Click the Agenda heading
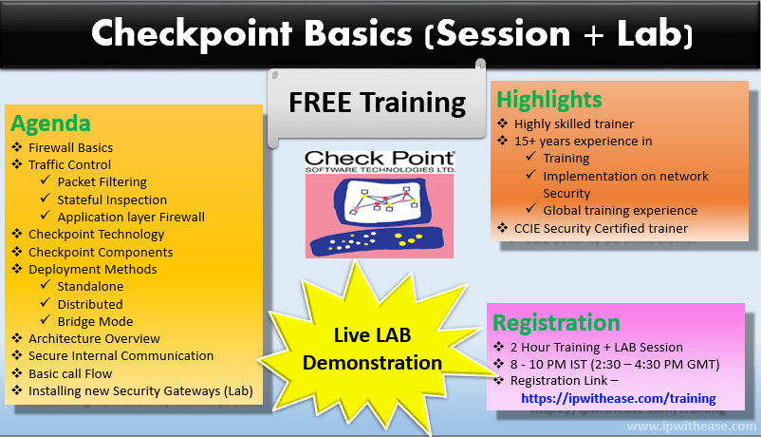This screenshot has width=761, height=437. click(x=50, y=123)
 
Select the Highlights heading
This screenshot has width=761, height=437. click(x=549, y=99)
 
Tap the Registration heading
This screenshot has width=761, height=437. click(x=558, y=322)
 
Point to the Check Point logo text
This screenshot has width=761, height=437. click(x=379, y=158)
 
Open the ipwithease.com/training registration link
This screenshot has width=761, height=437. click(x=618, y=398)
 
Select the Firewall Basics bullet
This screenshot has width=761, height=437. click(x=70, y=148)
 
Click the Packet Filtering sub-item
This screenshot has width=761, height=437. click(x=102, y=182)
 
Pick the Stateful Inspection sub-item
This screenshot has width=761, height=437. click(x=111, y=199)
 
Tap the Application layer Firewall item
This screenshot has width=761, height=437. click(x=130, y=217)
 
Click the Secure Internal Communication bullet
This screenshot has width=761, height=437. click(x=121, y=355)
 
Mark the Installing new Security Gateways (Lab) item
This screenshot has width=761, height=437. click(x=140, y=390)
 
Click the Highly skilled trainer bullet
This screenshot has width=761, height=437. click(x=574, y=123)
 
